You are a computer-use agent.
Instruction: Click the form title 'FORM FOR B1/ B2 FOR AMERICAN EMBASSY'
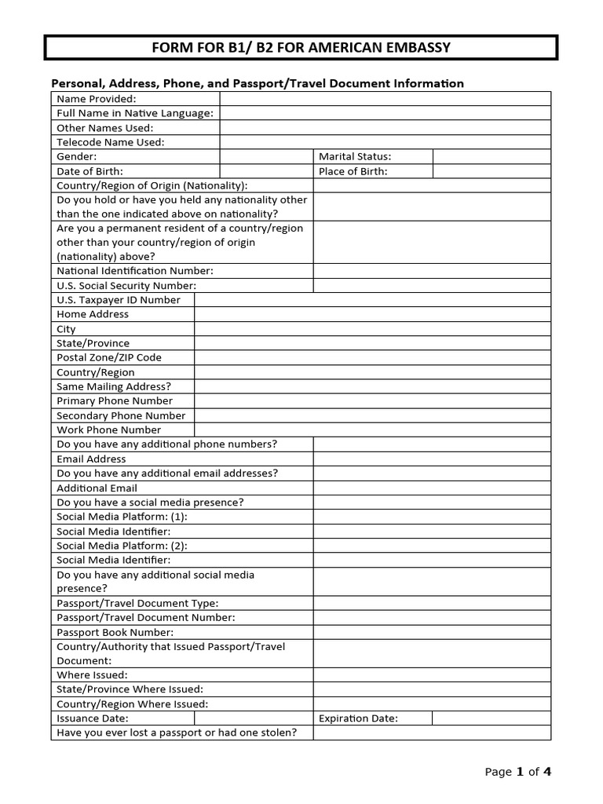(301, 48)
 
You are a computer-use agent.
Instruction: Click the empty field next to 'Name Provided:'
(385, 98)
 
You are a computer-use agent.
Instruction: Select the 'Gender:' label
(77, 156)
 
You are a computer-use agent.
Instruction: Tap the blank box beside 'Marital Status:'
(492, 156)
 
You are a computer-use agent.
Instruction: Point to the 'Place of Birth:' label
(353, 171)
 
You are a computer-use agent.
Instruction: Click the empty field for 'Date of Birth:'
(266, 171)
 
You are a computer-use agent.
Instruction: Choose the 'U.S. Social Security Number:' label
(126, 286)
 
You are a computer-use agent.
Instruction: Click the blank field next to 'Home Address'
(372, 314)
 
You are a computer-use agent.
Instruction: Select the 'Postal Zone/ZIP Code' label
(109, 357)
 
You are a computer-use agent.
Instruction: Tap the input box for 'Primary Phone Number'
(372, 401)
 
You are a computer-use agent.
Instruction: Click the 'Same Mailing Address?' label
(114, 386)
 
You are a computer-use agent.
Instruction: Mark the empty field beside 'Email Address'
(432, 459)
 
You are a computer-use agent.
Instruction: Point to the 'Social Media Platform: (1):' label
(122, 517)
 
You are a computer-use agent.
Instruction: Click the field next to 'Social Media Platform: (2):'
(432, 546)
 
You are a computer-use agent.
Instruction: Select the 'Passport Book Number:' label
(115, 632)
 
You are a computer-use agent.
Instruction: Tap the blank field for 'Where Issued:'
(432, 675)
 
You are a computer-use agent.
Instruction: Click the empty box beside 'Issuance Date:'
(254, 718)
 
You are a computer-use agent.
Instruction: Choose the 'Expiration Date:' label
(358, 718)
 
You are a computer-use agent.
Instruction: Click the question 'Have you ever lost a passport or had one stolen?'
(177, 733)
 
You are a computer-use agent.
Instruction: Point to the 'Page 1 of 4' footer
(517, 772)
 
